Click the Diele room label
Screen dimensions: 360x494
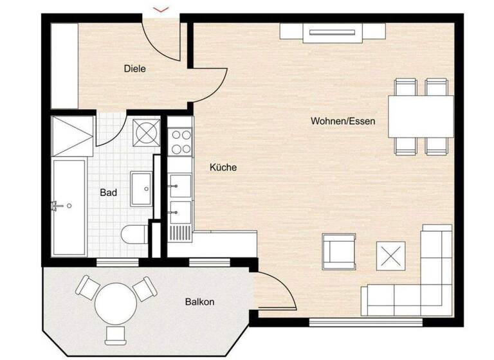pos(135,68)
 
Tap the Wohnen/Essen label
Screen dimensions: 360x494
pos(343,121)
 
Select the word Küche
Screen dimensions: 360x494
pos(223,167)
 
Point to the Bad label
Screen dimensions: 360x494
pos(108,192)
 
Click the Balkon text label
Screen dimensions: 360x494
pos(199,301)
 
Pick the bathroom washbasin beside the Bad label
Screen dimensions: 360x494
pos(142,188)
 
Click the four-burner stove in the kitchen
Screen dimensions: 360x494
pos(181,141)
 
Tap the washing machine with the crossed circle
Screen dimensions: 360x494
pos(146,133)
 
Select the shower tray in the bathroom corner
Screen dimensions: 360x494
pos(73,135)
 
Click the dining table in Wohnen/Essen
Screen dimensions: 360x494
pos(421,116)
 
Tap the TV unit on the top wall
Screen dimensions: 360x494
pos(333,32)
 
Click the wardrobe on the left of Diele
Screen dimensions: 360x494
pos(64,66)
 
